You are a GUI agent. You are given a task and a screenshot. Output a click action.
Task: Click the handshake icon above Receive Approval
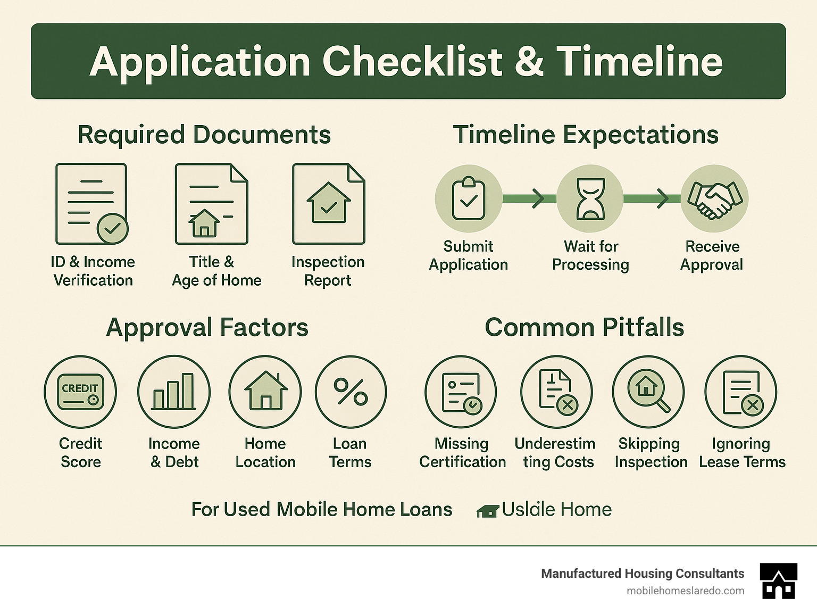click(714, 199)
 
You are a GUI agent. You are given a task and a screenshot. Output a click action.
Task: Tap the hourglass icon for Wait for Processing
click(590, 199)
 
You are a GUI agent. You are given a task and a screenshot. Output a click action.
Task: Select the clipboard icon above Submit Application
click(468, 199)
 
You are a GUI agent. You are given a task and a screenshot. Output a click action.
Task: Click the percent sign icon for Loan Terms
click(351, 392)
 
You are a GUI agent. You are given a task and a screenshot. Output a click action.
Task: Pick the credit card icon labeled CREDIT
click(80, 392)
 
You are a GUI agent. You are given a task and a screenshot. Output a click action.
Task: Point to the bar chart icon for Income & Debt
click(173, 392)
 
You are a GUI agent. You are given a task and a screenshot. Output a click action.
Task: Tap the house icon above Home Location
click(265, 392)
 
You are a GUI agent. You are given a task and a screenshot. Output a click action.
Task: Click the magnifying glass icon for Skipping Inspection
click(648, 392)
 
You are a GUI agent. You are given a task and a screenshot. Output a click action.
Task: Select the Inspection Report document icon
click(328, 204)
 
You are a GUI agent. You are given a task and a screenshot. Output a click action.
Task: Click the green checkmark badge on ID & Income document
click(112, 228)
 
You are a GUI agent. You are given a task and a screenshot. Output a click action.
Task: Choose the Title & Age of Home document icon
click(212, 204)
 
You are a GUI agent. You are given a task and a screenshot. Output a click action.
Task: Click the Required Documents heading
click(204, 135)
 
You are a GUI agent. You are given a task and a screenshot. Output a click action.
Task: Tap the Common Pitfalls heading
click(584, 327)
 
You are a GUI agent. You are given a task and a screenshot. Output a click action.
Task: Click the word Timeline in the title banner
click(639, 61)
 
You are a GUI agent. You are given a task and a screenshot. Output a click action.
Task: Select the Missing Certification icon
click(461, 392)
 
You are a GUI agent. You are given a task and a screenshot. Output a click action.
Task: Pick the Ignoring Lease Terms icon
click(741, 392)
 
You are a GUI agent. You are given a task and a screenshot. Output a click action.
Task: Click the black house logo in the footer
click(779, 581)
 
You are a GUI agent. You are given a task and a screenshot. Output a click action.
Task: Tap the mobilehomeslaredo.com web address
click(685, 591)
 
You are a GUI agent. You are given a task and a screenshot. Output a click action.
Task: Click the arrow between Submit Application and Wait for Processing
click(537, 199)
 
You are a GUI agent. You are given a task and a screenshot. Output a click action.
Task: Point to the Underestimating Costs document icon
click(556, 392)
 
